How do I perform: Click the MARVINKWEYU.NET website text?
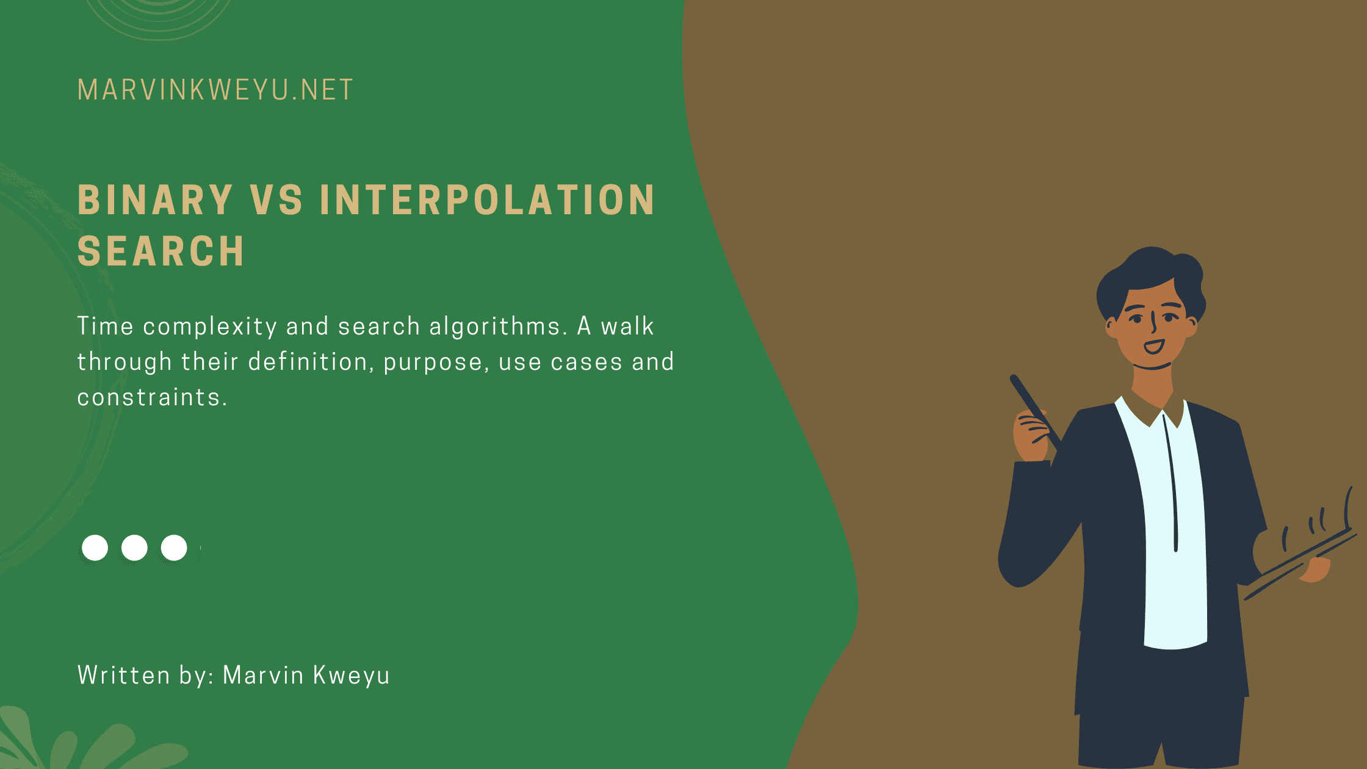pyautogui.click(x=215, y=90)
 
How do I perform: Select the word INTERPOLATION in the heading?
pyautogui.click(x=487, y=200)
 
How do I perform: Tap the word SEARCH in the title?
pyautogui.click(x=161, y=251)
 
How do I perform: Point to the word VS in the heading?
pyautogui.click(x=276, y=200)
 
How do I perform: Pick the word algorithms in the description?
pyautogui.click(x=495, y=327)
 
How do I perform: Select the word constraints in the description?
pyautogui.click(x=152, y=397)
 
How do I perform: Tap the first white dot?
pyautogui.click(x=95, y=547)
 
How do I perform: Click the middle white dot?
pyautogui.click(x=134, y=547)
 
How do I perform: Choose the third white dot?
pyautogui.click(x=174, y=547)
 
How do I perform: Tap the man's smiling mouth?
pyautogui.click(x=1153, y=347)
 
